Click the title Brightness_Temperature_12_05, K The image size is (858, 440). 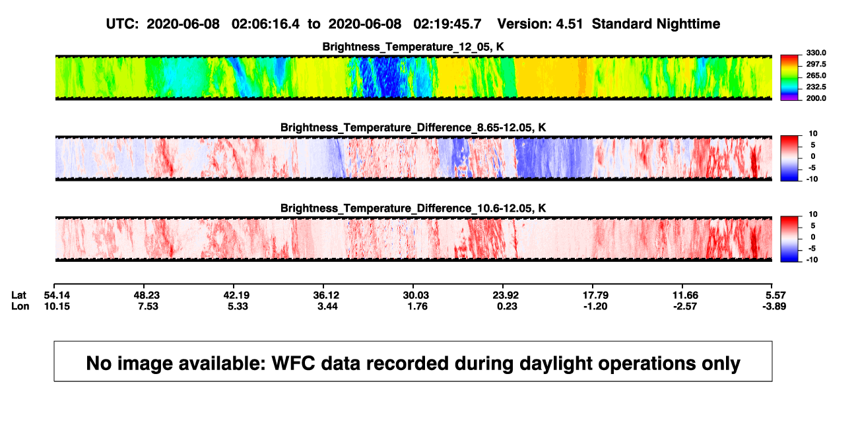click(x=413, y=47)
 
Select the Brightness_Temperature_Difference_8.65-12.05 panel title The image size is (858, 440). click(x=413, y=127)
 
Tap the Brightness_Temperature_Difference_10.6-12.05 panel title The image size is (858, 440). click(x=413, y=208)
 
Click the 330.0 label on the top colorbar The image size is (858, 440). click(x=816, y=53)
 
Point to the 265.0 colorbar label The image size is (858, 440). click(x=816, y=75)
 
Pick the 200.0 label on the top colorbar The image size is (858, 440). click(x=816, y=98)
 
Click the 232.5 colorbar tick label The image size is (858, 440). click(x=816, y=87)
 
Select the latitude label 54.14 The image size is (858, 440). click(x=57, y=296)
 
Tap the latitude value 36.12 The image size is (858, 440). click(x=326, y=296)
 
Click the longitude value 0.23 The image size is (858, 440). click(x=507, y=306)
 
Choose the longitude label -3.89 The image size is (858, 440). click(x=774, y=306)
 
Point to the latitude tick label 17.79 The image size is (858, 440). click(x=595, y=296)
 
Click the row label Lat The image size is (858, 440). click(x=18, y=296)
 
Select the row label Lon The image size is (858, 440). click(x=20, y=306)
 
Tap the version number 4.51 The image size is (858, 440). click(x=570, y=24)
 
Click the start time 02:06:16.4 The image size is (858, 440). click(x=265, y=24)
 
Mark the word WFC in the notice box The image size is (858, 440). click(x=294, y=363)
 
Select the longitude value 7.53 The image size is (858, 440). click(x=148, y=306)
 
